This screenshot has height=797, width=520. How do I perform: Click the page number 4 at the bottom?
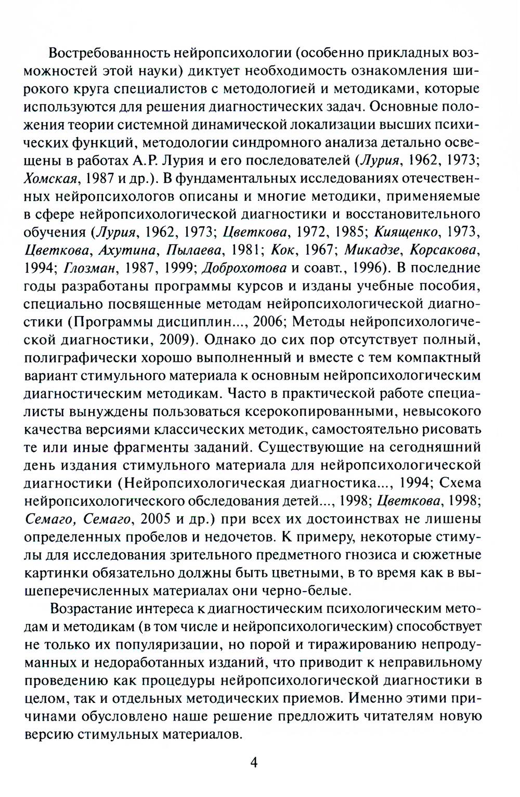pos(254,762)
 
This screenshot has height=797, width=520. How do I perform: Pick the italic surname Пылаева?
pos(194,250)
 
